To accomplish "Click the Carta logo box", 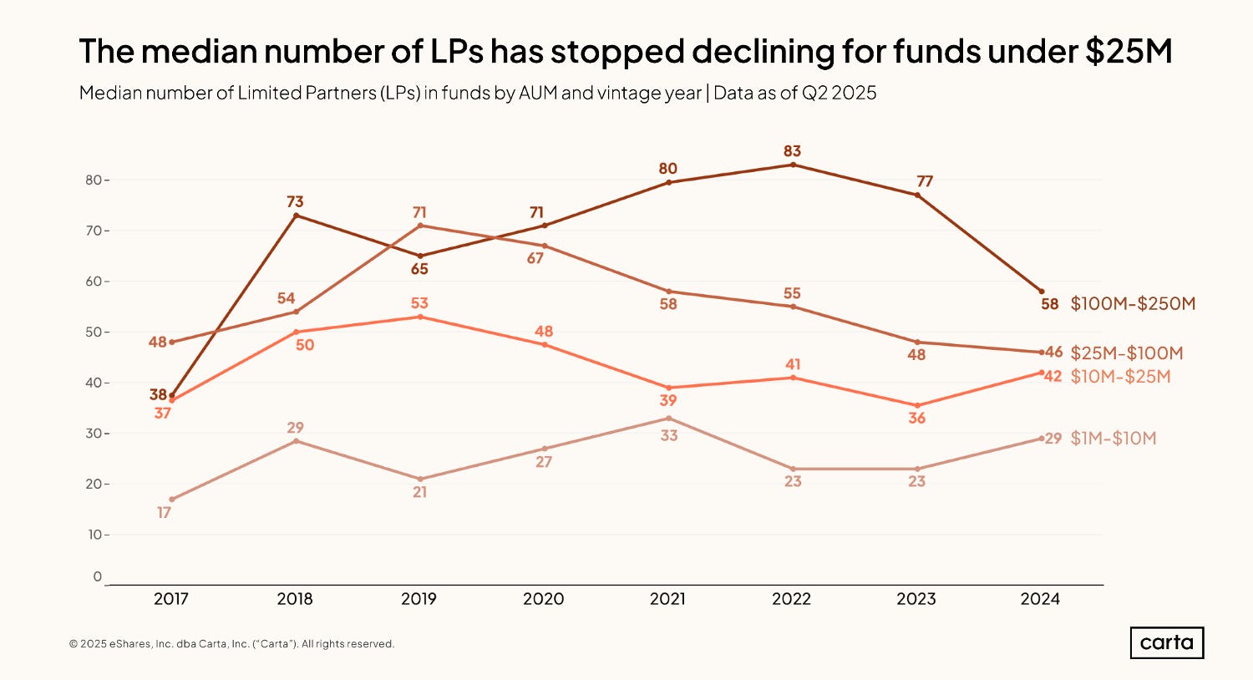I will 1167,642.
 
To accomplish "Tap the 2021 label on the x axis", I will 667,599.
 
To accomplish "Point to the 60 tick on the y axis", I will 92,282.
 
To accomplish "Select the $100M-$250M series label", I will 1133,304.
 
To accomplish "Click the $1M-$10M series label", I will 1113,439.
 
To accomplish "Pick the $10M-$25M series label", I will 1120,377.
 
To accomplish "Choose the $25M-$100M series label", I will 1126,353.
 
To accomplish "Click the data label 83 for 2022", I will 792,151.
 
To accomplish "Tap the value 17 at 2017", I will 164,512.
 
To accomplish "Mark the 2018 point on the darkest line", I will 296,216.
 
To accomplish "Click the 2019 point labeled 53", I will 420,317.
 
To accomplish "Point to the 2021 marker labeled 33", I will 668,418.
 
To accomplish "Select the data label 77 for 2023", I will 924,181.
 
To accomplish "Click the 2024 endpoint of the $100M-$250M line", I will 1041,292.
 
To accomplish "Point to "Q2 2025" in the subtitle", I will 839,93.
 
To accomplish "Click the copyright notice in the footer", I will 231,644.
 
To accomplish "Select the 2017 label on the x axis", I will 171,599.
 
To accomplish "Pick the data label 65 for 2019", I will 419,269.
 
